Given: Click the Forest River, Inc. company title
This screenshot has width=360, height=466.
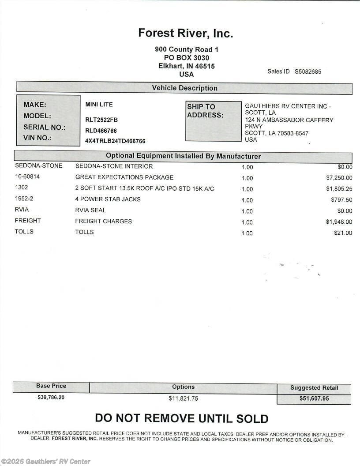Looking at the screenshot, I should coord(185,33).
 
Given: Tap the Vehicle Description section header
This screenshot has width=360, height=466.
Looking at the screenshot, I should coord(184,88).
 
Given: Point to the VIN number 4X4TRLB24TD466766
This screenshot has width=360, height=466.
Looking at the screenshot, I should coord(115,141).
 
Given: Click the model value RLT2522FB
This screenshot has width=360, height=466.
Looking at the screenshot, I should coord(101,120).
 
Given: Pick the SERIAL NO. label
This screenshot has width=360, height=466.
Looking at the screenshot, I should coord(45,127).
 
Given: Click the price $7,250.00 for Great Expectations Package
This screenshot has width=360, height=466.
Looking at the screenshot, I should coord(339,178).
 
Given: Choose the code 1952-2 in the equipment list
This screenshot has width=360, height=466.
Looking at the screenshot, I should coord(24,199).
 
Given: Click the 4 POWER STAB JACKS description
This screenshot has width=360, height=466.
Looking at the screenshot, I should coord(108,199).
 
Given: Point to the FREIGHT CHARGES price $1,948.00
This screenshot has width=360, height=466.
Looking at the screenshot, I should coord(339,222).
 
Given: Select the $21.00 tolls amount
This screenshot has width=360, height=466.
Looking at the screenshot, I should coord(343,233).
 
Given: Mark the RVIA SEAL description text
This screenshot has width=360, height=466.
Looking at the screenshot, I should coord(90,210).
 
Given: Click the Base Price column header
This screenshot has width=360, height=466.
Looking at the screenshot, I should coord(51,386).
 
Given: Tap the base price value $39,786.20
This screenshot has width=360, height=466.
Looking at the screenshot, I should coord(51,397).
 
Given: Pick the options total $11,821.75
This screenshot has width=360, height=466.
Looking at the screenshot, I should coord(183,398).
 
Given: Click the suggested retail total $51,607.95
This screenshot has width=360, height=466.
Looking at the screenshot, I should coord(314,398).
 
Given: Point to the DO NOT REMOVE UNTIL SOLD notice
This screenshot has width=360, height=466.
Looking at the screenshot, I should coord(181,418).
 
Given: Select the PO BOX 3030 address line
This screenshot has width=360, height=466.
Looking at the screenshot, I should coord(186,58).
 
